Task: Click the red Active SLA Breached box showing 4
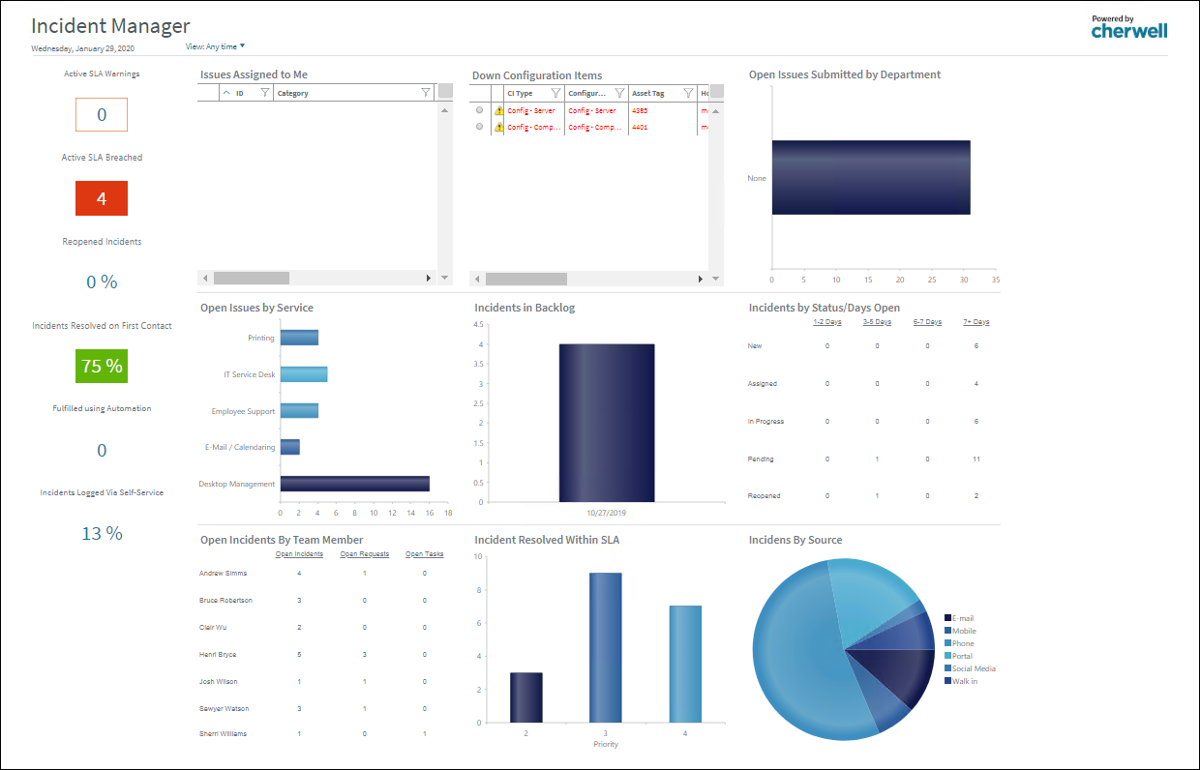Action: tap(102, 199)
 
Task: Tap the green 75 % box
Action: tap(102, 367)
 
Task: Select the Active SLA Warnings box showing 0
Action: tap(102, 115)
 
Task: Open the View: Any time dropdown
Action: tap(216, 46)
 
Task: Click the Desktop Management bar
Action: tap(354, 484)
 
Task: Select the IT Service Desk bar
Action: tap(304, 374)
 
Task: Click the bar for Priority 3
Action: tap(606, 646)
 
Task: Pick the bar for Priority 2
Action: tap(526, 696)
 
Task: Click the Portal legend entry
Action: tap(962, 656)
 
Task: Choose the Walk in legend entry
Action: tap(964, 681)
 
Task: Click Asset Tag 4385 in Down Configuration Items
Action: tap(640, 111)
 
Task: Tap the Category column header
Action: tap(293, 94)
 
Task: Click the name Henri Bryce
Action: tap(218, 655)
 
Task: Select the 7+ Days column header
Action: tap(976, 322)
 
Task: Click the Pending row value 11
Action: tap(976, 459)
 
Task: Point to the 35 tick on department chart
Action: tap(996, 280)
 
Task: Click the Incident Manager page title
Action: tap(110, 26)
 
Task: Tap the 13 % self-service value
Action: tap(102, 533)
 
